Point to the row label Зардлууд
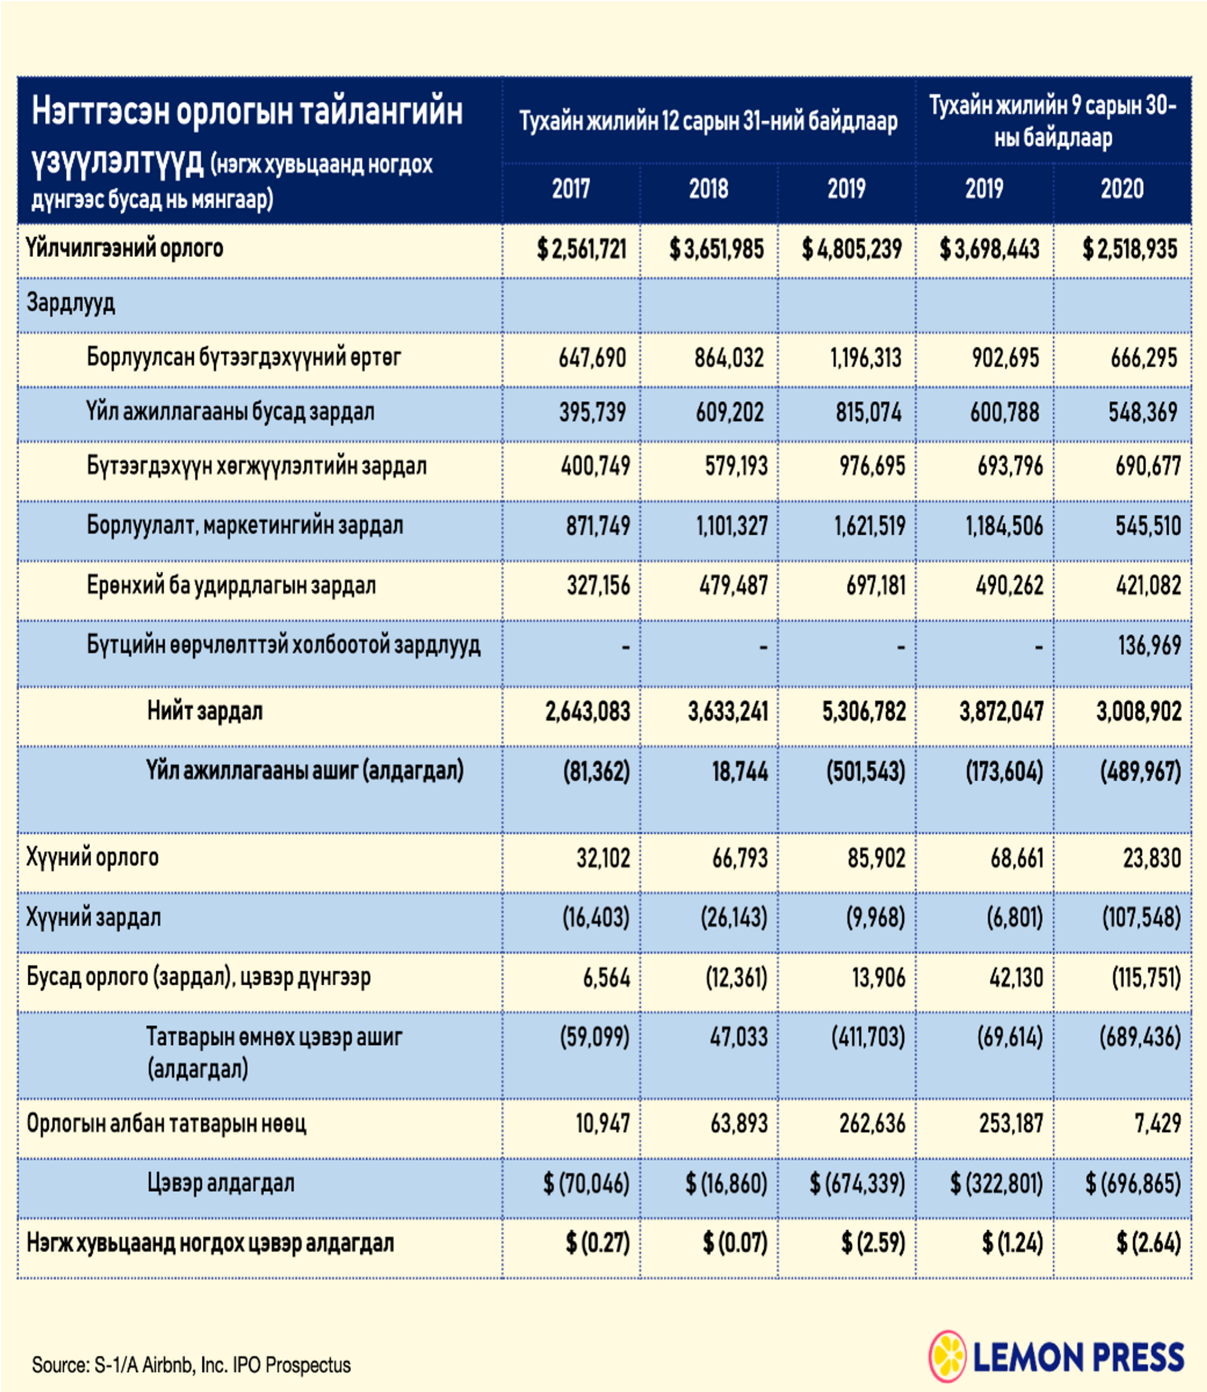pos(71,304)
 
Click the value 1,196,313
pos(866,358)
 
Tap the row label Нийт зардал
pos(205,711)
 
